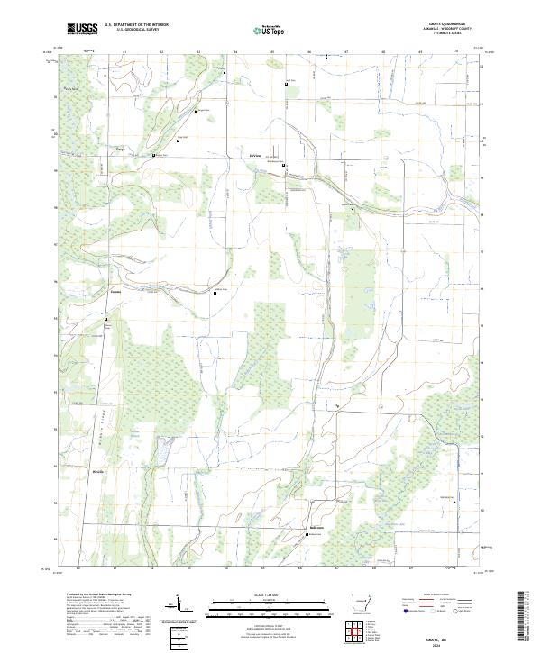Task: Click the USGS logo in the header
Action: tap(82, 29)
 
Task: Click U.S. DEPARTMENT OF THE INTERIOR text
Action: tap(136, 25)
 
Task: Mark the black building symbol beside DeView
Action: tap(284, 166)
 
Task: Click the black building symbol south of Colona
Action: tap(105, 318)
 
